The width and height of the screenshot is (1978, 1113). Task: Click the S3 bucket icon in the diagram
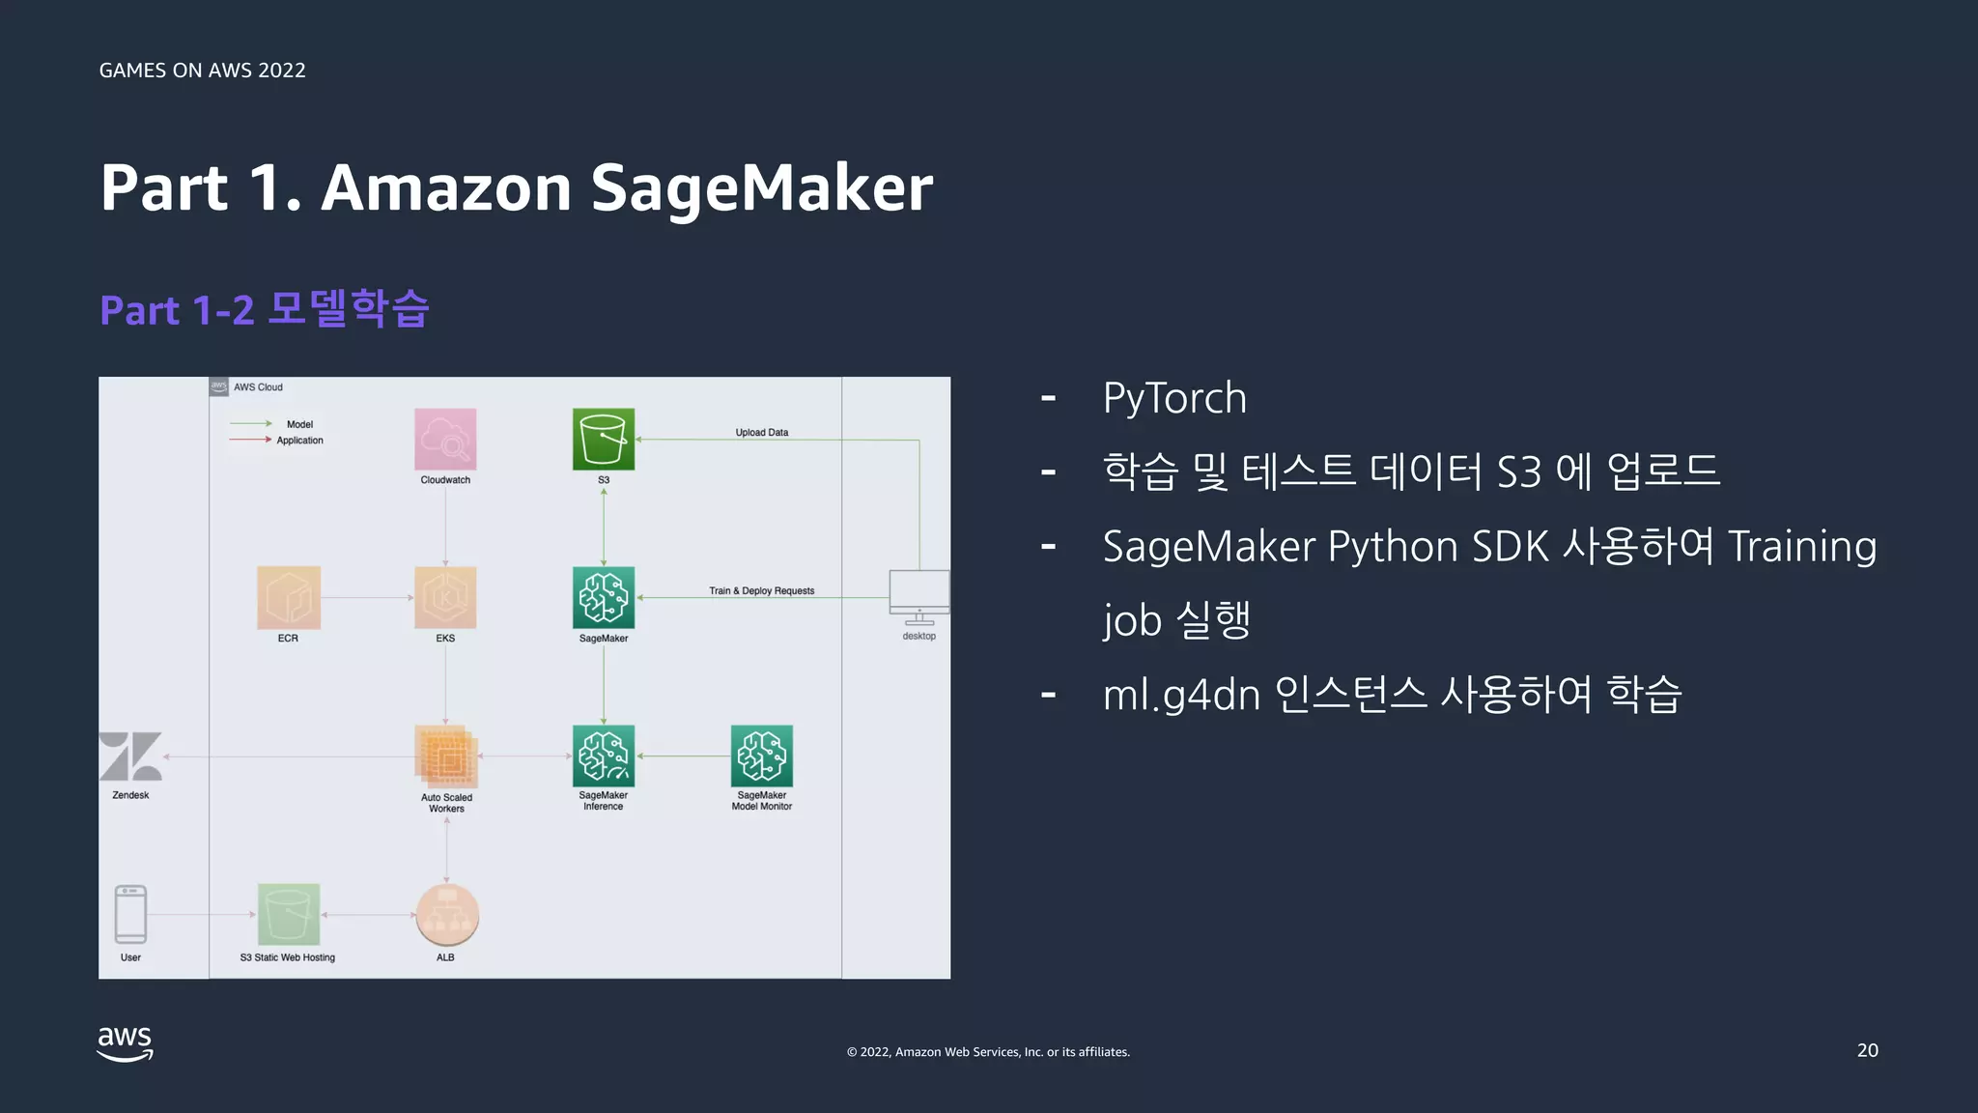604,440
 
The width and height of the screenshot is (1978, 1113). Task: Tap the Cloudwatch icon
445,440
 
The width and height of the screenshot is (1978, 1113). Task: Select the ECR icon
288,597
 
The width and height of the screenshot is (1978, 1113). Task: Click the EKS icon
445,597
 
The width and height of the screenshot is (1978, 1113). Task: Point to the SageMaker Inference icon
604,756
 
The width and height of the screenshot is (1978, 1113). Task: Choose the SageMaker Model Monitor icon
762,756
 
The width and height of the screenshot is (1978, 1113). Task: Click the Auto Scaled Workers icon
446,756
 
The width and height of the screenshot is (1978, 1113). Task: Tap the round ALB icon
446,914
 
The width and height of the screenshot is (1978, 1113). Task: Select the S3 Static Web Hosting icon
288,914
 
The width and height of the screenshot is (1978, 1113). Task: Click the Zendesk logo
130,756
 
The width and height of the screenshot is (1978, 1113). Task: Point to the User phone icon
130,914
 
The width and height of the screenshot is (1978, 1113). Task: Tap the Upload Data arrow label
761,433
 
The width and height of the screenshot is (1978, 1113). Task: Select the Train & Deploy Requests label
761,590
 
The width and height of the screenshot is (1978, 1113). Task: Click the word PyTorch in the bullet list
1174,398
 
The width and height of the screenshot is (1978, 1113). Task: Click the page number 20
1867,1050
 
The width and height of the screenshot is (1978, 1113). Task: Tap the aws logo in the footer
125,1043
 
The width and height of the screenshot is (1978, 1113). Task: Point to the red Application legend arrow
250,440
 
